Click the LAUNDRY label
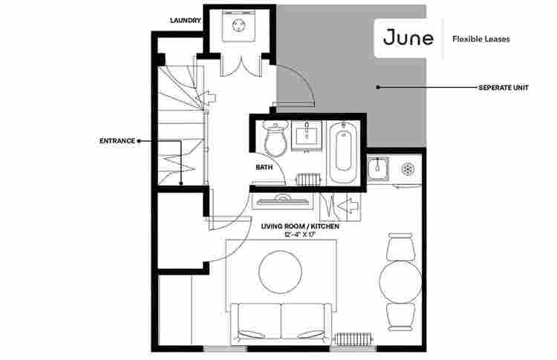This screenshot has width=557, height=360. [x=186, y=21]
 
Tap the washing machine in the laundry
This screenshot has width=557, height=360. [x=238, y=26]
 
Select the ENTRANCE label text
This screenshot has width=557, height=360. [x=117, y=141]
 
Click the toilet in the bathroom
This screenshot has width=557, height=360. [x=276, y=139]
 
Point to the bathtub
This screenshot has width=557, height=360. [x=343, y=152]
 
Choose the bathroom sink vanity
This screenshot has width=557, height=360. [x=307, y=135]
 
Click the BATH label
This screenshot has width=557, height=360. [x=264, y=167]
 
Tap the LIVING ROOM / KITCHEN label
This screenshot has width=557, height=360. [x=300, y=226]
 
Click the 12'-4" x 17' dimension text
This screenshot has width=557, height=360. [x=300, y=235]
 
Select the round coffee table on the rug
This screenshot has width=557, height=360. [x=280, y=272]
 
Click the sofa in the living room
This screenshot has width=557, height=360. [x=281, y=323]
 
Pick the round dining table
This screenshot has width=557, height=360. [x=400, y=282]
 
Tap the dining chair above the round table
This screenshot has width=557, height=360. [x=400, y=246]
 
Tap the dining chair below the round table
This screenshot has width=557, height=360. [x=400, y=317]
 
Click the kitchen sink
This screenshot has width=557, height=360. [x=378, y=168]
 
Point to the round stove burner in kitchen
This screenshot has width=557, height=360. [x=408, y=169]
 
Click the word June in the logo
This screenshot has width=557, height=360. [x=408, y=38]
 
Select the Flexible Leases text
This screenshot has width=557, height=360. [x=481, y=39]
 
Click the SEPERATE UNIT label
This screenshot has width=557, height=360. [x=504, y=88]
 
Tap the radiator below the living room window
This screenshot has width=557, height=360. [x=354, y=338]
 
